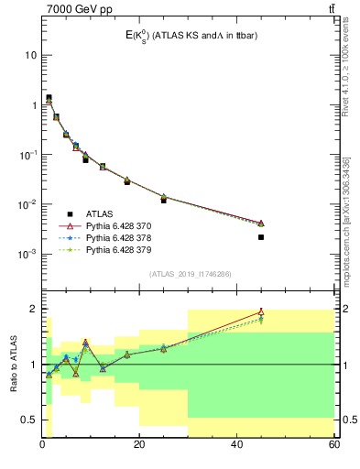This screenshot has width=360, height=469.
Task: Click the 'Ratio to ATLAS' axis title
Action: (x=14, y=365)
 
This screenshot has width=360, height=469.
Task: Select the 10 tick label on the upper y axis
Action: (x=29, y=55)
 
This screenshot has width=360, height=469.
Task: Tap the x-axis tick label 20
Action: (x=139, y=445)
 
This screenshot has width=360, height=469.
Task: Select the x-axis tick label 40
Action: (x=236, y=445)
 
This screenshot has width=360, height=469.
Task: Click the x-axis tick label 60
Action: (x=333, y=445)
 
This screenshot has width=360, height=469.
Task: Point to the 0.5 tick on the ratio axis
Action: (x=28, y=420)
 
